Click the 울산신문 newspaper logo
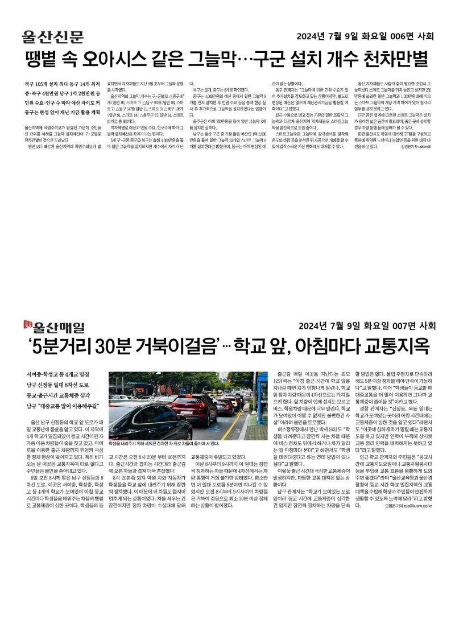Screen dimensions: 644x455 (52, 36)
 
